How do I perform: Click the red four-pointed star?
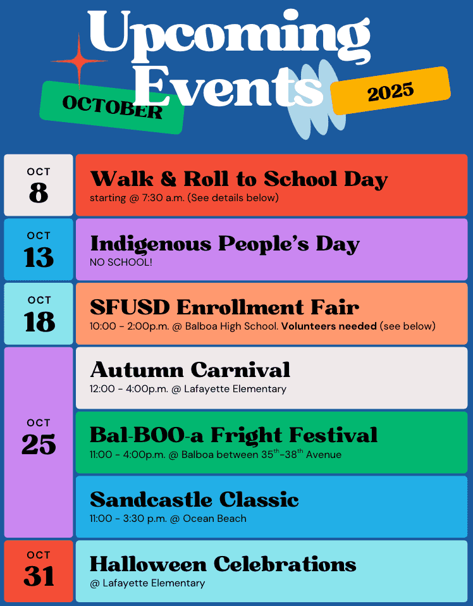79,61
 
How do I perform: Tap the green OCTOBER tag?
112,108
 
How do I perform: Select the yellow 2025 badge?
390,91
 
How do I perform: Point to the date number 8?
39,192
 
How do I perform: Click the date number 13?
39,257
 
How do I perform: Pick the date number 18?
39,321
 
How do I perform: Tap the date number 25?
39,444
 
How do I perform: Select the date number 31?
39,576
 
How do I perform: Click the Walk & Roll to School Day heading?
239,179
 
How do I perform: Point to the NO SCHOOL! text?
121,262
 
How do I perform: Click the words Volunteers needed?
329,326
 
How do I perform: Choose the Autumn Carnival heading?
190,370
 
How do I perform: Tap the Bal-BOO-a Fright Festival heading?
234,435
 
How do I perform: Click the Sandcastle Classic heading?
194,499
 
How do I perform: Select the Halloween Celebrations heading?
223,564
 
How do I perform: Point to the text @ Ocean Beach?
208,518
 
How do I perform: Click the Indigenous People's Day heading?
225,244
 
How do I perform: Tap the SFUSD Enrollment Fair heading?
224,307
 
